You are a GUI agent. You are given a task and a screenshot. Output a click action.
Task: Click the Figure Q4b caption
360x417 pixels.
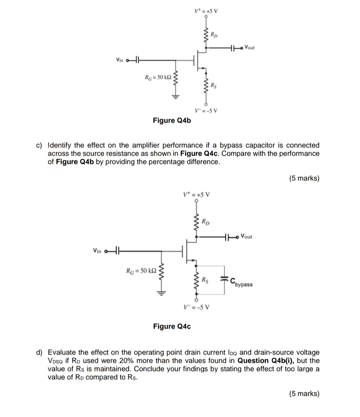172,120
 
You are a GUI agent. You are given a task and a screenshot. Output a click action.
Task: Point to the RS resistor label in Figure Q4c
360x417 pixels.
205,280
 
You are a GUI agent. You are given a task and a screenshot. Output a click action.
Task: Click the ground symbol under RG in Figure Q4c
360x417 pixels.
161,292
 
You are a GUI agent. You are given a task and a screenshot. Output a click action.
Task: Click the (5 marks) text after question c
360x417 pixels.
304,178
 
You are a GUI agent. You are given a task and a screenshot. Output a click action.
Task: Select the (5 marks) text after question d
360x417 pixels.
304,393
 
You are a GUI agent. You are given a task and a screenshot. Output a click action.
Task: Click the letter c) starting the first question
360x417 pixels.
39,145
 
